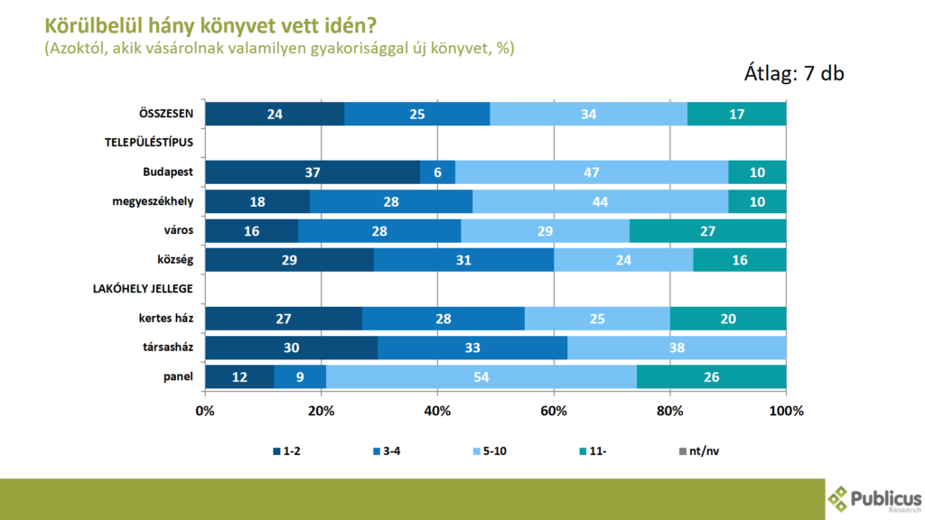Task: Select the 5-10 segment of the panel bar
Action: coord(481,376)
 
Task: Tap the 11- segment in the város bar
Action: coord(707,231)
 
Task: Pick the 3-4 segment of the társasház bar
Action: coord(472,348)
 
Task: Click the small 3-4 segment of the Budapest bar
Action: coord(437,172)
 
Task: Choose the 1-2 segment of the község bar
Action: coord(289,260)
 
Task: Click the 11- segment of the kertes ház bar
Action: coord(727,319)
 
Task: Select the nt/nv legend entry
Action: coord(697,450)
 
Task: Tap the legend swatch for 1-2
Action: coord(276,450)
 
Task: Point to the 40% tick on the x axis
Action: coord(437,411)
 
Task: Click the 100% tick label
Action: coord(786,411)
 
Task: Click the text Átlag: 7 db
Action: coord(792,74)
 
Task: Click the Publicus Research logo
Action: coord(874,498)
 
